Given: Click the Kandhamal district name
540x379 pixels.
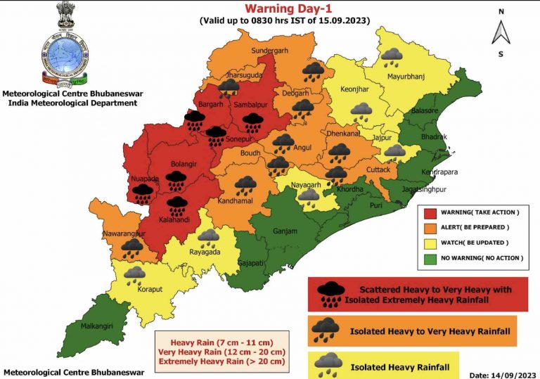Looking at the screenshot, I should [244, 200].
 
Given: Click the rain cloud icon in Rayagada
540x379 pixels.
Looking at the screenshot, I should [209, 237].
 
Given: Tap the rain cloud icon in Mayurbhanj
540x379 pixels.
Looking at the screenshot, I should [392, 55].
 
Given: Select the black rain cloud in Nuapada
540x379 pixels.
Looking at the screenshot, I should [143, 193].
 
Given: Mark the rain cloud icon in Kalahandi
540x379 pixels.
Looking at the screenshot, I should [176, 205].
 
